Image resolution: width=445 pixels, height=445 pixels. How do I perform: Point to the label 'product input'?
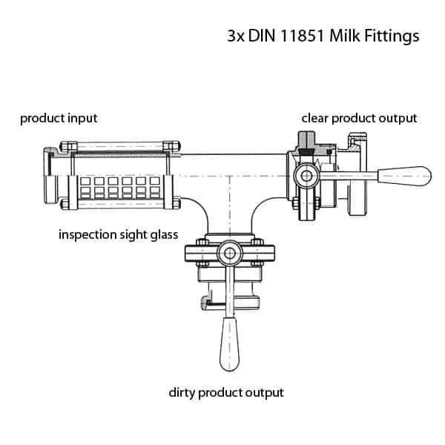[x=59, y=118]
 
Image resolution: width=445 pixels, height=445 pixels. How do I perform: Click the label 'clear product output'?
[x=359, y=118]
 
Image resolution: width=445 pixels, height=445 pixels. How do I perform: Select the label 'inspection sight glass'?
[x=118, y=235]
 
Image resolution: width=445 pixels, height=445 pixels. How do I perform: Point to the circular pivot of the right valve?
[x=305, y=176]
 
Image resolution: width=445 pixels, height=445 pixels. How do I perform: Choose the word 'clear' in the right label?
[x=314, y=118]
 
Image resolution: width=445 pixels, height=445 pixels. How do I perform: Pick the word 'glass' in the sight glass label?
[x=162, y=235]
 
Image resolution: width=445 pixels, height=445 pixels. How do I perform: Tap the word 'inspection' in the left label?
[x=85, y=235]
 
